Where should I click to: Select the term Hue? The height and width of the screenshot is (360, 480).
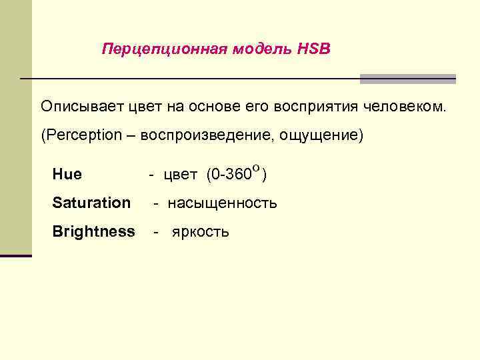[67, 175]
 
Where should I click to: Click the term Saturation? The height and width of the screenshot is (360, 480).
[91, 203]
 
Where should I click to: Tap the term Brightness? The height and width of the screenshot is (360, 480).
[93, 231]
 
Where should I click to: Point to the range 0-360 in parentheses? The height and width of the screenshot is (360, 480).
[231, 175]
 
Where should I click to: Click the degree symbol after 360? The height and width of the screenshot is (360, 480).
[256, 169]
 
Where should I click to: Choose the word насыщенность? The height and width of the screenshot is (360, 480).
[222, 203]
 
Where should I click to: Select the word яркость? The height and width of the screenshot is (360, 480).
[201, 232]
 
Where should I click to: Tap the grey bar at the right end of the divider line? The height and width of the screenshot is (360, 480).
[407, 79]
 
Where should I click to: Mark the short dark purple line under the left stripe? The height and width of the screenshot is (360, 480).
[16, 255]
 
